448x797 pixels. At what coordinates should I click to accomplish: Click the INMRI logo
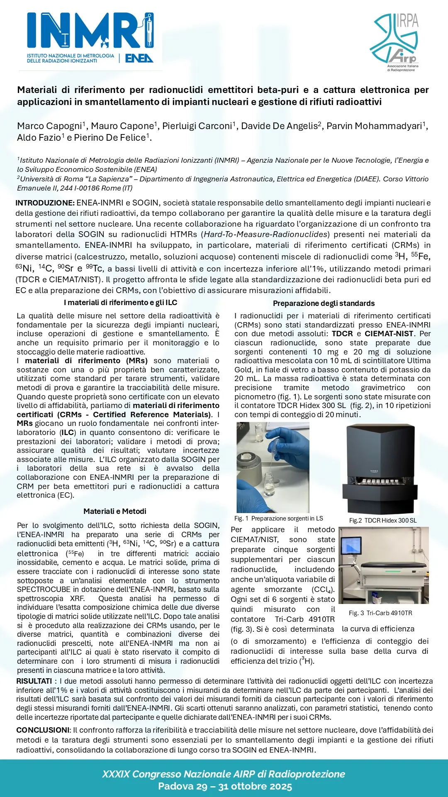click(x=90, y=31)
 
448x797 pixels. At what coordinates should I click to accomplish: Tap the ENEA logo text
click(x=139, y=58)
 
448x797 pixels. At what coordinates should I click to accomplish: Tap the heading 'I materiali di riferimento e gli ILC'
click(x=121, y=303)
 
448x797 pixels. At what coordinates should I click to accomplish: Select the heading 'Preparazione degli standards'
click(x=324, y=303)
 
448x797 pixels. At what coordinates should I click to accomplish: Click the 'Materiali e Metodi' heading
click(x=115, y=511)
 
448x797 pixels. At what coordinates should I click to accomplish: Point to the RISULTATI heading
click(x=34, y=681)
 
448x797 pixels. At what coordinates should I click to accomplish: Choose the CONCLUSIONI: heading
click(x=44, y=730)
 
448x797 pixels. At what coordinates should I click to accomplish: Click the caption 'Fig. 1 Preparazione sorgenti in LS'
click(x=278, y=518)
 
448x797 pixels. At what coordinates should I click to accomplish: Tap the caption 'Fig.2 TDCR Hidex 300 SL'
click(x=383, y=521)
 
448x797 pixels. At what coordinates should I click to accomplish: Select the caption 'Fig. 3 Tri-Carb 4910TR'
click(x=380, y=613)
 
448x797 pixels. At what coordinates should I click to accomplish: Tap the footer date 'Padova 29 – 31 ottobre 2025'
click(x=225, y=786)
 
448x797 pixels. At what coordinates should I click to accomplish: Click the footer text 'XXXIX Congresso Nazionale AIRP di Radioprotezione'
click(x=224, y=774)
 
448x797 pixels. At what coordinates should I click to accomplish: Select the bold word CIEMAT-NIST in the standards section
click(x=389, y=334)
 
